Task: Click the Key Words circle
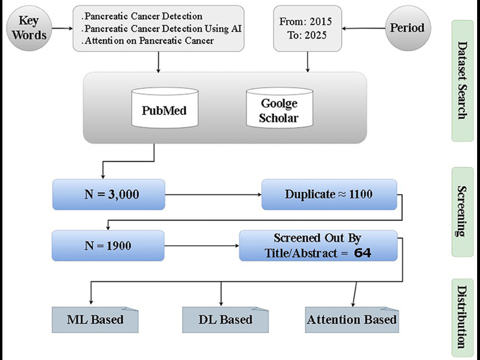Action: (29, 28)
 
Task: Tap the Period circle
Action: (408, 28)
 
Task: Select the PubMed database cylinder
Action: (165, 108)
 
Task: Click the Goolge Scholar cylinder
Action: (279, 108)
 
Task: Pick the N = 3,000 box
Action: (108, 194)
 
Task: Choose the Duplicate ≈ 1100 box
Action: (329, 194)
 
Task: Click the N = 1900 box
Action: (108, 245)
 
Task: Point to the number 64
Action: (362, 253)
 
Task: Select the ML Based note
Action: (95, 320)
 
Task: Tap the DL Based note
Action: (226, 320)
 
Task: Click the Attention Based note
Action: (352, 320)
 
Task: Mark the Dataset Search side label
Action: (463, 81)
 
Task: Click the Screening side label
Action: (463, 212)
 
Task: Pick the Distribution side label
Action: (463, 317)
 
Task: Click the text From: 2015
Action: (305, 22)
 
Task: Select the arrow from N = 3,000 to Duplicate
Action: (214, 194)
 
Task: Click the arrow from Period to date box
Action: (363, 28)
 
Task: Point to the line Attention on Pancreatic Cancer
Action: (148, 40)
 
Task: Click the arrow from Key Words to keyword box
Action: (62, 28)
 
